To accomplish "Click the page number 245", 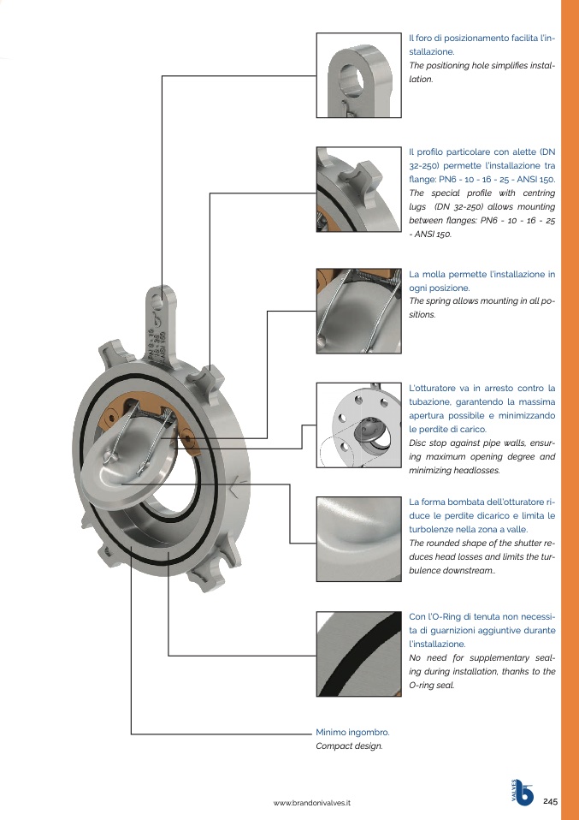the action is coord(550,801).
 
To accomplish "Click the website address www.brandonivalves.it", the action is coord(312,803).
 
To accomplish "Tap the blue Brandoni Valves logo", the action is coord(523,793).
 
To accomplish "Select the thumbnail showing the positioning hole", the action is coord(359,75).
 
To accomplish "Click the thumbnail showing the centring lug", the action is coord(359,189).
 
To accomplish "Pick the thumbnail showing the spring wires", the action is coord(359,312).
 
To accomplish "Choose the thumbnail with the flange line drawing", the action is coord(359,425).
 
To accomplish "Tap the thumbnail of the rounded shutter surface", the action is coord(359,539).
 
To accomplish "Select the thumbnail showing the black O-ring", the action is coord(359,654).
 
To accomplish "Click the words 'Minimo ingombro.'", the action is coord(352,733).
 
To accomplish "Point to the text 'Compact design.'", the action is coord(349,746).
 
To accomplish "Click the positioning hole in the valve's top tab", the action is coord(158,300).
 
